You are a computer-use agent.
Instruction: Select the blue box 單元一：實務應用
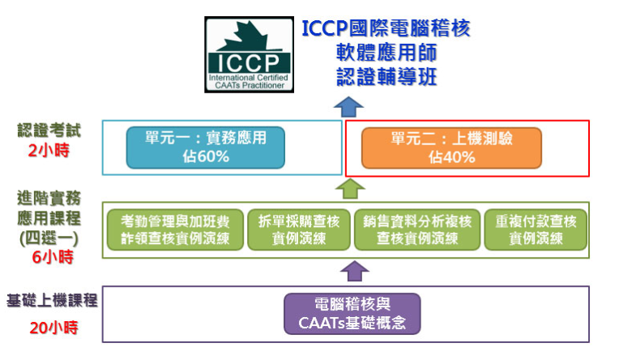pos(205,147)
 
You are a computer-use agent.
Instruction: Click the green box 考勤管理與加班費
pos(174,229)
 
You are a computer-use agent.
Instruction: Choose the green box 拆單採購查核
pos(297,229)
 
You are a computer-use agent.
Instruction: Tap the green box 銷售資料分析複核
pos(417,229)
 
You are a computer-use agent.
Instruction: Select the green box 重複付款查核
pos(536,229)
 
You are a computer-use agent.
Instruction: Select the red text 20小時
pos(51,328)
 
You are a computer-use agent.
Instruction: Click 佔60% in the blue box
pos(205,156)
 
